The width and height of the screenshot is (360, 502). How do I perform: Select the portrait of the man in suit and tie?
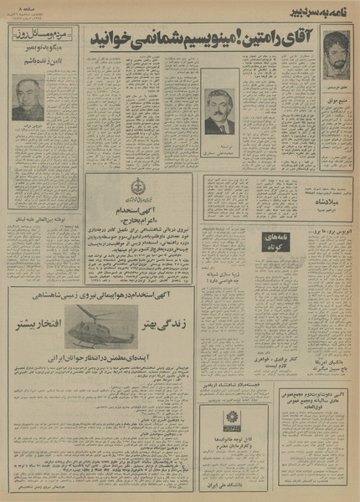[x=220, y=111]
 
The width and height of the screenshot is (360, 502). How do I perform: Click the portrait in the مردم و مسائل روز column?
[x=28, y=98]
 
